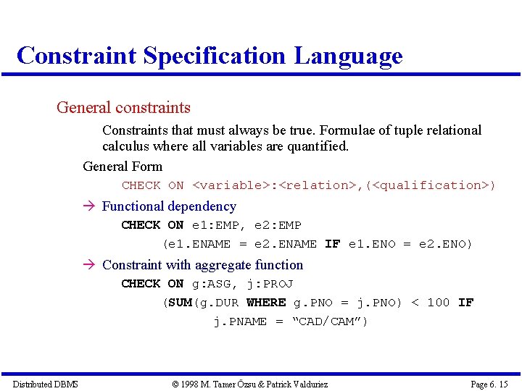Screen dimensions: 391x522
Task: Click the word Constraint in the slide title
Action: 76,56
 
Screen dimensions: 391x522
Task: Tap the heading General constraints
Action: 123,108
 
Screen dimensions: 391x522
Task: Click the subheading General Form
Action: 123,167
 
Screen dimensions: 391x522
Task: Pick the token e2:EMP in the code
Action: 278,225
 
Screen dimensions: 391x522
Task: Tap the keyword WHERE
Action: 266,303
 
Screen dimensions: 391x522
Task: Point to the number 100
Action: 438,303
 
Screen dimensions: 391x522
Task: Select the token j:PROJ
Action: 270,284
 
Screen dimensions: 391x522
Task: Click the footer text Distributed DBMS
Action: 45,384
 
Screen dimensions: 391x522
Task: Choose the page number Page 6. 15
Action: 489,384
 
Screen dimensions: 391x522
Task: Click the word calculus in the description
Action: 127,146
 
